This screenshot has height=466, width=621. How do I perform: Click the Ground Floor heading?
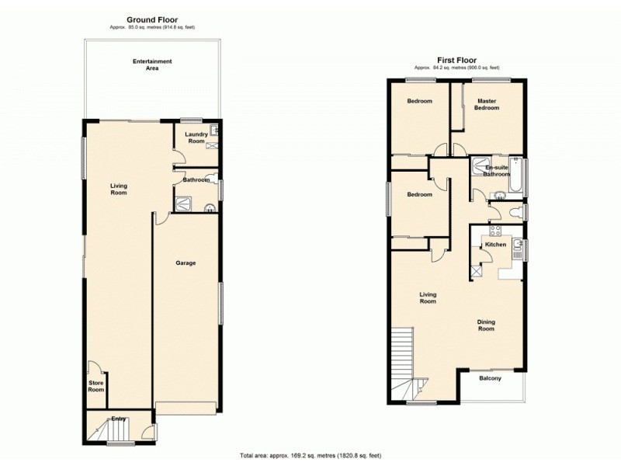tap(152, 20)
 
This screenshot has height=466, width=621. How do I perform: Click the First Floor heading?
tap(456, 59)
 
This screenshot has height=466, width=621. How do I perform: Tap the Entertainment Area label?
tap(152, 64)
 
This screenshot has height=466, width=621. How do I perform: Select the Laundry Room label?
tap(195, 137)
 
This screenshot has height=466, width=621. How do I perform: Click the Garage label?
tap(185, 263)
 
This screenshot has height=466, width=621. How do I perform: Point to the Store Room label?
tap(95, 386)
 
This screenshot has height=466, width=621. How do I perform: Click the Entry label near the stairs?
tap(118, 419)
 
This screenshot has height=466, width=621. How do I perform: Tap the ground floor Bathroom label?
tap(196, 180)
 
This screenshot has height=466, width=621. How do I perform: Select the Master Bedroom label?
tap(487, 104)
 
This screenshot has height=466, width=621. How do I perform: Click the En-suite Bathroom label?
tap(497, 171)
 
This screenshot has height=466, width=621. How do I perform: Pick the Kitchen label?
tap(495, 245)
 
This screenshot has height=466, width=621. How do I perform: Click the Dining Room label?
tap(485, 325)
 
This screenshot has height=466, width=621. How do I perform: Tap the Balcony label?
tap(490, 378)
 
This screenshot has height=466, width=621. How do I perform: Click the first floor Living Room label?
tap(428, 297)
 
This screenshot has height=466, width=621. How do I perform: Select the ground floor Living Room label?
tap(118, 190)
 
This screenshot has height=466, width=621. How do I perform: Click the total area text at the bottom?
tap(310, 455)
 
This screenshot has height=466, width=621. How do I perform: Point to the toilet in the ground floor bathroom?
tap(210, 207)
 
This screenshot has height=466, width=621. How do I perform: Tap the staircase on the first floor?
tap(402, 349)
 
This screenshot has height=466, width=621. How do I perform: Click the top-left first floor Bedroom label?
tap(419, 101)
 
